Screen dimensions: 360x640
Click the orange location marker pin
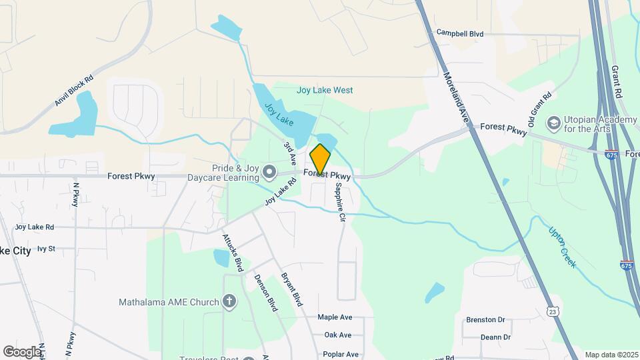(320, 159)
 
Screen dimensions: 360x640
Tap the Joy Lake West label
(325, 90)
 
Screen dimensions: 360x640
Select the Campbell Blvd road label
(459, 33)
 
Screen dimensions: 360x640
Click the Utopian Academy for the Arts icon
(553, 123)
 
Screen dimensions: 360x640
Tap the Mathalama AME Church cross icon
(229, 302)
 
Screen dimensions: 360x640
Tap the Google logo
(22, 351)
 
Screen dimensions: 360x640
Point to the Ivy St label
(46, 248)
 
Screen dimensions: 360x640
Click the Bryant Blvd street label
(292, 288)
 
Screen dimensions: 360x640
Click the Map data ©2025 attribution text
(610, 354)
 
